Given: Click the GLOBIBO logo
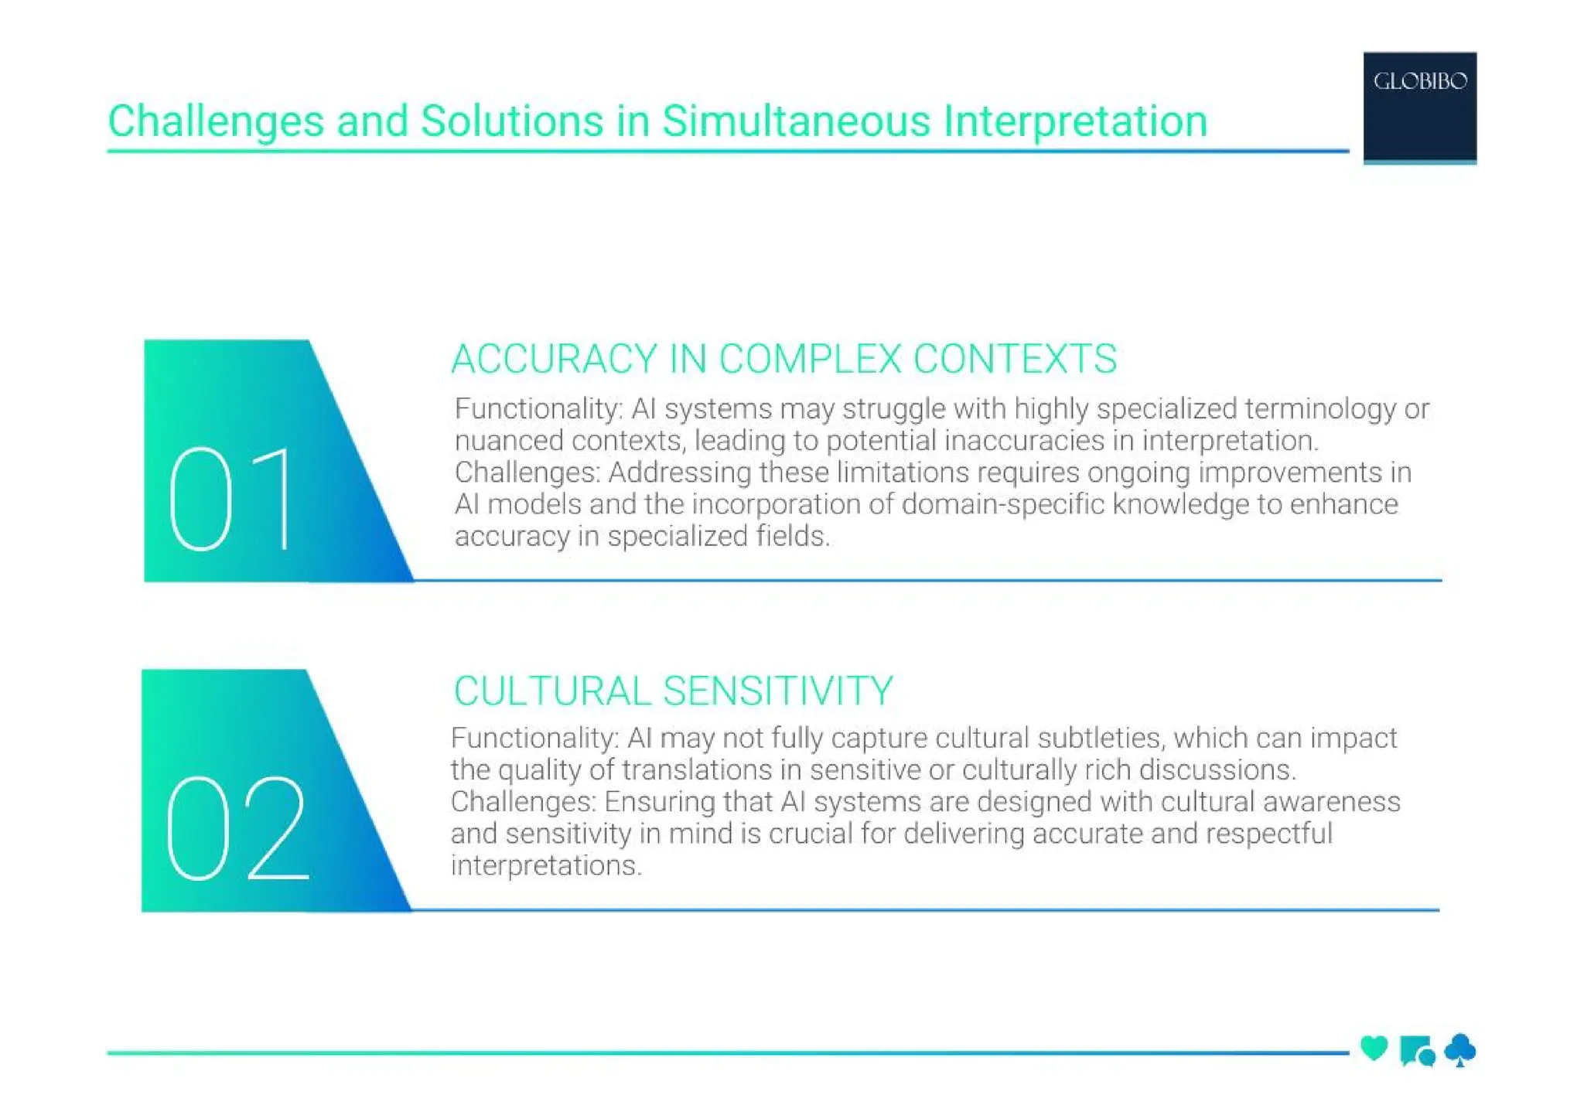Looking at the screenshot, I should coord(1419,106).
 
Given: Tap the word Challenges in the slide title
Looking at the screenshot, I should coord(215,121).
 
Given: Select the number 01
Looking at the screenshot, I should coord(232,500).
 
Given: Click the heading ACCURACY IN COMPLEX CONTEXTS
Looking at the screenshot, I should coord(783,359).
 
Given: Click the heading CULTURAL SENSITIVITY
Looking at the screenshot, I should coord(673,691).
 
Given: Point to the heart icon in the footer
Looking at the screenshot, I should coord(1374,1049).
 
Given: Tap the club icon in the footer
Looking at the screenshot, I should coord(1460,1050).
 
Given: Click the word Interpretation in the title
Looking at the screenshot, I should coord(1075,121).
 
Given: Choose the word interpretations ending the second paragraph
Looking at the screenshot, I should coord(544,865).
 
